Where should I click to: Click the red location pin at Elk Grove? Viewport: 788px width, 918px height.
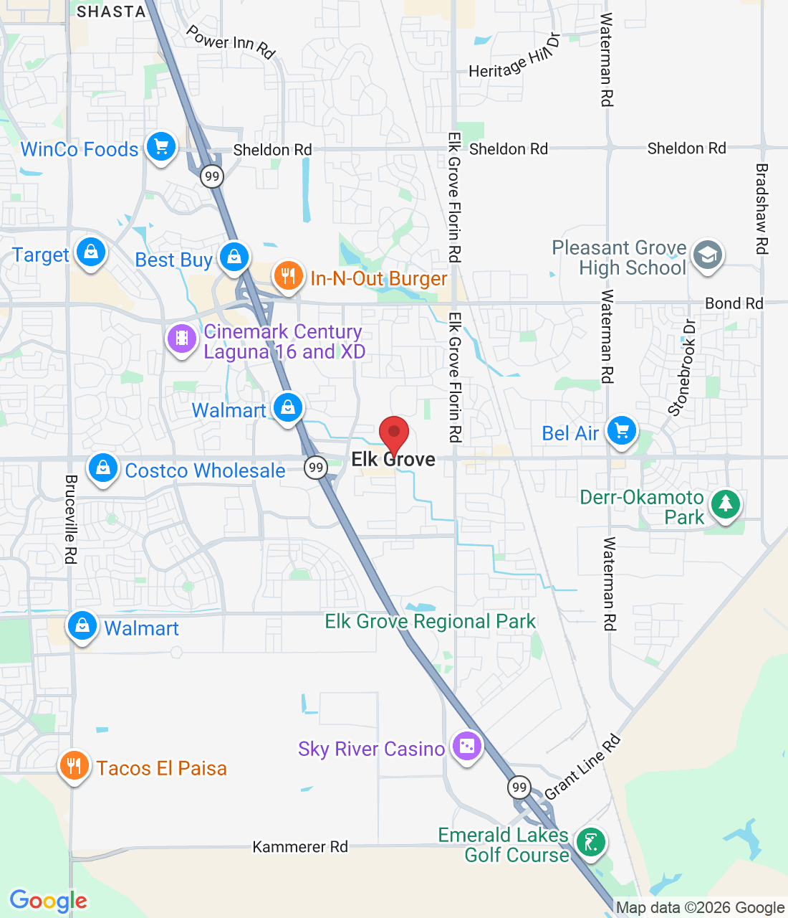[x=393, y=433]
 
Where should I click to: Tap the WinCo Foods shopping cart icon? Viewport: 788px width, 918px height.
[x=161, y=147]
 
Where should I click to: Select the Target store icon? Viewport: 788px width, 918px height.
[x=91, y=252]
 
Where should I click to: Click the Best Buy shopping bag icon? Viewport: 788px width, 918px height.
[x=234, y=256]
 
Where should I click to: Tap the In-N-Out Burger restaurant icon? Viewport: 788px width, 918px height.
[x=288, y=275]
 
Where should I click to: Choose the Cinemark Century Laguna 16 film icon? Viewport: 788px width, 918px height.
[x=182, y=338]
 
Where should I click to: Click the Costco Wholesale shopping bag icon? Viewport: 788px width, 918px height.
[x=103, y=468]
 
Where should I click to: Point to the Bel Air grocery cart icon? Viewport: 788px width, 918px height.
[x=622, y=431]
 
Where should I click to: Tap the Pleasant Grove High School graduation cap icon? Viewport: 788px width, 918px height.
[x=708, y=255]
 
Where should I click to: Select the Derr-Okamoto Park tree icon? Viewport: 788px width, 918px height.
[x=726, y=503]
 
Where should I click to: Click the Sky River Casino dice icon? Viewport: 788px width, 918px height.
[x=467, y=747]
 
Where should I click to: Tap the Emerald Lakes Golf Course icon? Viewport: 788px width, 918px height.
[x=591, y=842]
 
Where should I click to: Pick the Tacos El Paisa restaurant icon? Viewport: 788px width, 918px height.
[x=74, y=766]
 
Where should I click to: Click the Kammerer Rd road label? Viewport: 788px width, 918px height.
[x=300, y=847]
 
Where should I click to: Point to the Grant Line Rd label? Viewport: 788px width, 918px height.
[x=582, y=768]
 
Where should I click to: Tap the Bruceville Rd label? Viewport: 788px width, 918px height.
[x=71, y=519]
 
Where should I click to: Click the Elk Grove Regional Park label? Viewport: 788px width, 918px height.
[x=430, y=621]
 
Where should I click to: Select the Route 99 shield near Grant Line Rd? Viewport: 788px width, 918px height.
[x=519, y=787]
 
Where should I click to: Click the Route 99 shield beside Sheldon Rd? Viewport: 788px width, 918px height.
[x=212, y=176]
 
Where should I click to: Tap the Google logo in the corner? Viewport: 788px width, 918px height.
[x=49, y=901]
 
